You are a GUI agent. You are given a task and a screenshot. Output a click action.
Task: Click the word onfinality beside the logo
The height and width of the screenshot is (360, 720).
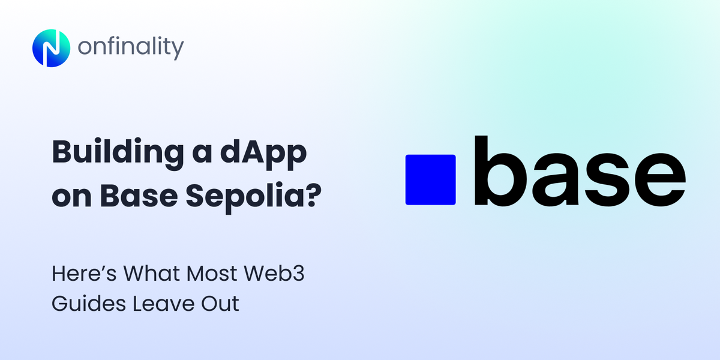pos(130,48)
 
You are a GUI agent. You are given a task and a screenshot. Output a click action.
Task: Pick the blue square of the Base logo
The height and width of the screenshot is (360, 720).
pos(430,179)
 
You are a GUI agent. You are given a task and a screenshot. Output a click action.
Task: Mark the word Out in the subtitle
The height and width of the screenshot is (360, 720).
pos(220,304)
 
